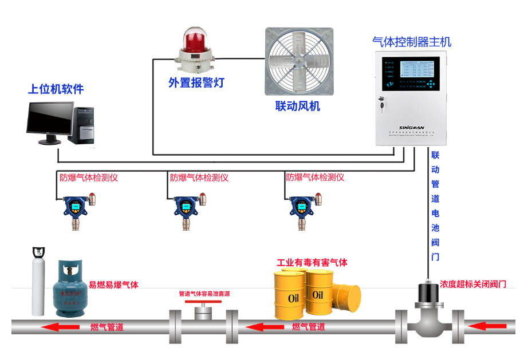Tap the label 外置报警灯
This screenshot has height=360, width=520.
pyautogui.click(x=196, y=82)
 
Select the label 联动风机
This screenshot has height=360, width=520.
pyautogui.click(x=297, y=106)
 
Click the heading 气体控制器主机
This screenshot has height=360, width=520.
pyautogui.click(x=411, y=42)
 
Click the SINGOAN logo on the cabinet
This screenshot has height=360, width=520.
pyautogui.click(x=411, y=128)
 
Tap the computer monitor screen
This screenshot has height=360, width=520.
pyautogui.click(x=50, y=118)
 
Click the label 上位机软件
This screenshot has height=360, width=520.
pyautogui.click(x=56, y=89)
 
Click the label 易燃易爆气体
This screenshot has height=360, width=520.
pyautogui.click(x=113, y=284)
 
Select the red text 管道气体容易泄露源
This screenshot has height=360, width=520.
pyautogui.click(x=204, y=294)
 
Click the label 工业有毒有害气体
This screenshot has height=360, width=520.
pyautogui.click(x=312, y=263)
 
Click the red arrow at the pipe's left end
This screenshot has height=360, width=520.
pyautogui.click(x=62, y=327)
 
